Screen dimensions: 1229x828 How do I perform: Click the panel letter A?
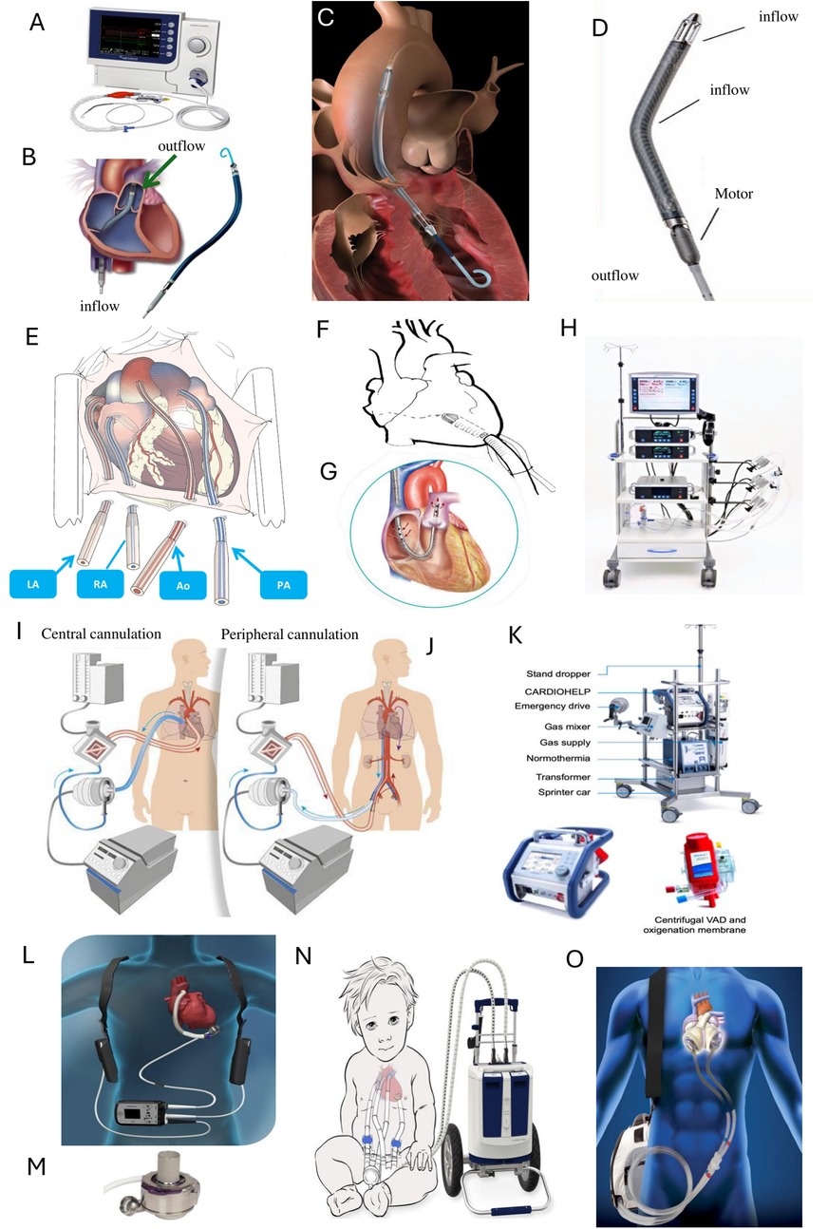pyautogui.click(x=37, y=22)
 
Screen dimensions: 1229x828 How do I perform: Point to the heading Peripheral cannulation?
pyautogui.click(x=290, y=634)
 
